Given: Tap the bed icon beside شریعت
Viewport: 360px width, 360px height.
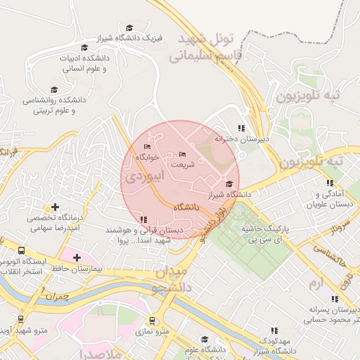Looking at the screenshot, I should (183, 154).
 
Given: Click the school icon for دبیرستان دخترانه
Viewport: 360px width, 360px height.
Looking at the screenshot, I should (242, 128).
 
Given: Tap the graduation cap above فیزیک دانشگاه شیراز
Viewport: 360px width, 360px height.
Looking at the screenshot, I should (127, 27).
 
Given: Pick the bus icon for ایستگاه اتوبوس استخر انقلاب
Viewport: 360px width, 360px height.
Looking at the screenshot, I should (21, 250).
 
